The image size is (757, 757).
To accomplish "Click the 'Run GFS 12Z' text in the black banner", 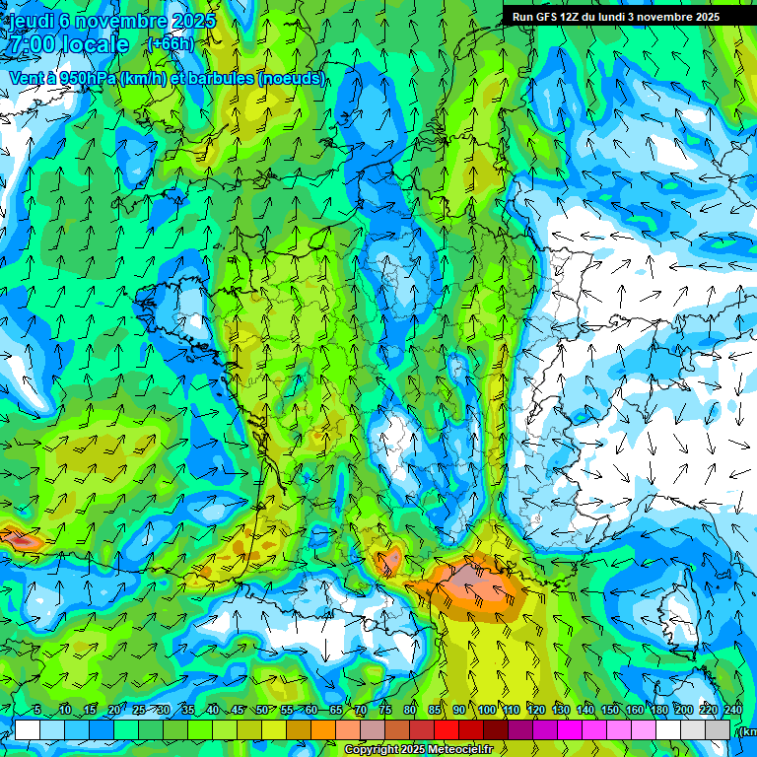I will pyautogui.click(x=548, y=17).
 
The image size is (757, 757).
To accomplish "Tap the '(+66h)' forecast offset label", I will pyautogui.click(x=171, y=43).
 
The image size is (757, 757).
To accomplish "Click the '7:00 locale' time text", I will pyautogui.click(x=69, y=44).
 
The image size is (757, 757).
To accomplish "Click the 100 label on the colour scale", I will pyautogui.click(x=487, y=711).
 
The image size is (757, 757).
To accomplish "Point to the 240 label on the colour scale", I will pyautogui.click(x=732, y=711).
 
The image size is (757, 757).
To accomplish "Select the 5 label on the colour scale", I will pyautogui.click(x=37, y=711).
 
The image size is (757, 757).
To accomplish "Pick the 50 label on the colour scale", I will pyautogui.click(x=261, y=711).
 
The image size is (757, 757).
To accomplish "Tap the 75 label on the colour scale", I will pyautogui.click(x=385, y=711).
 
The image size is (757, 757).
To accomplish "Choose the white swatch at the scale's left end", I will pyautogui.click(x=28, y=729).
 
